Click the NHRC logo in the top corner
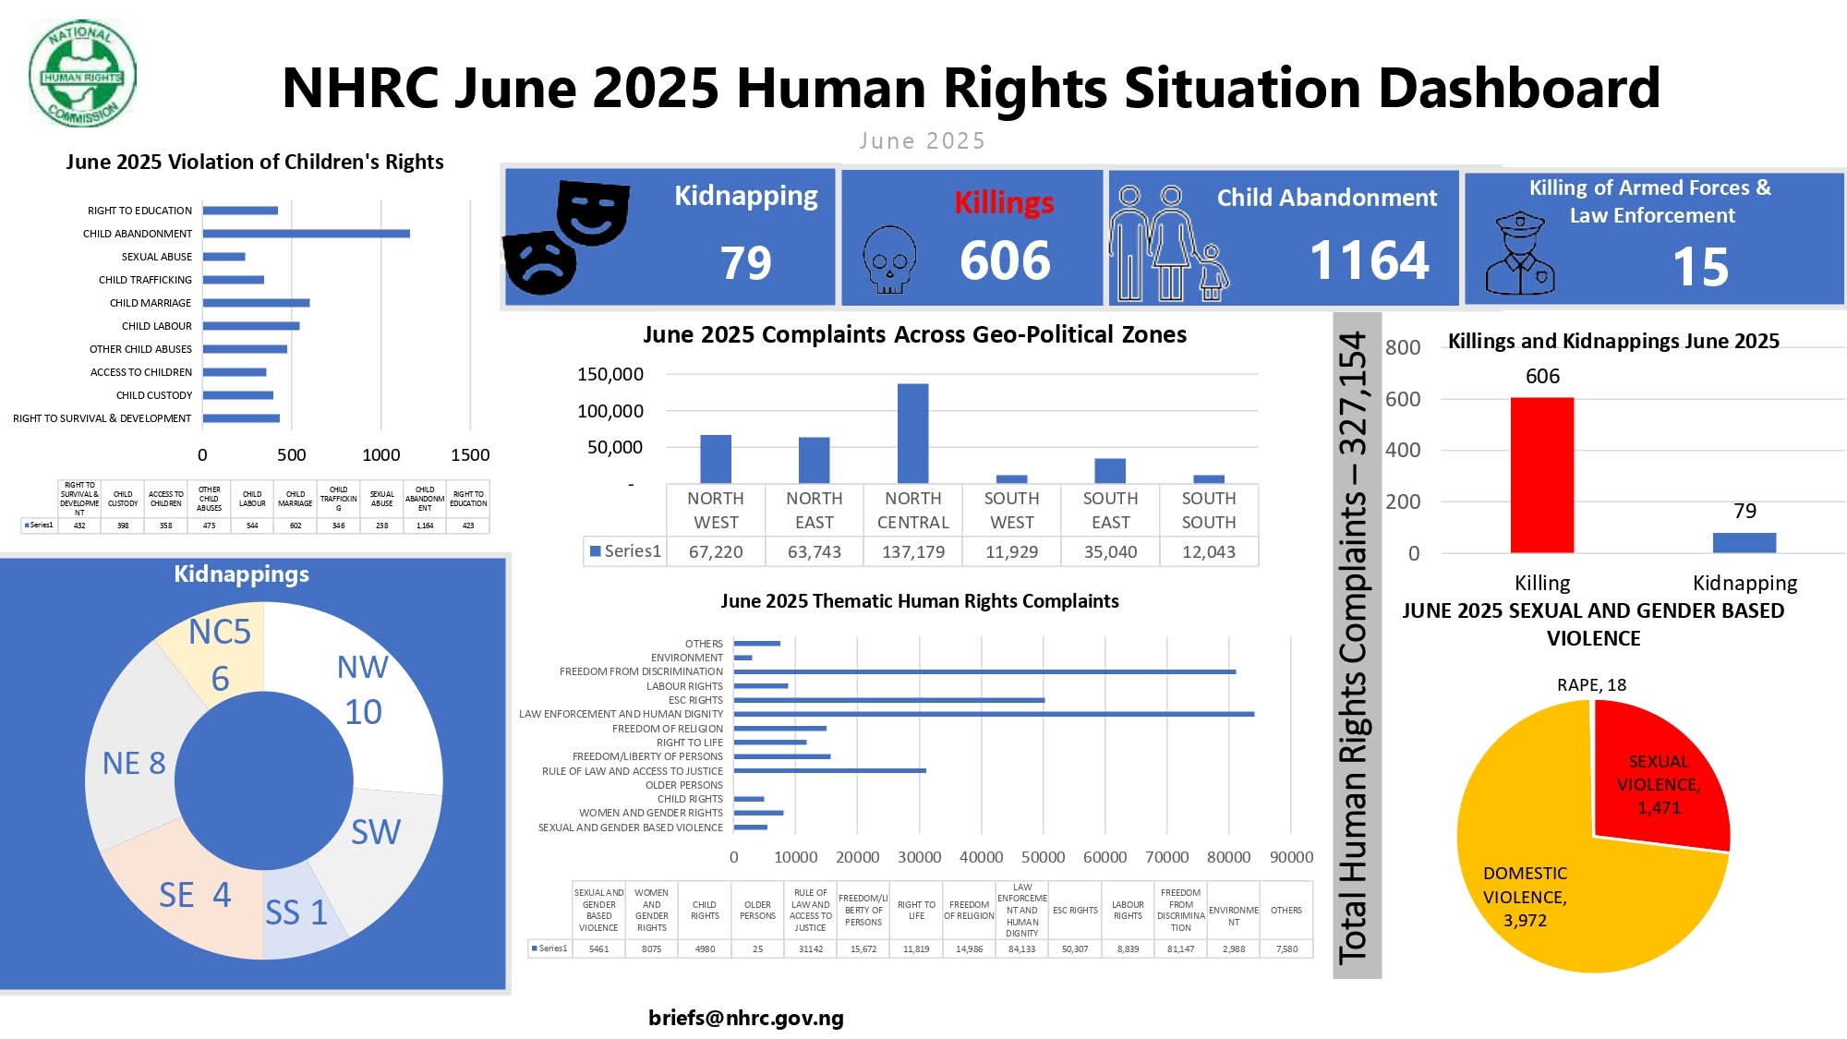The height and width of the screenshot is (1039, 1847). tap(83, 75)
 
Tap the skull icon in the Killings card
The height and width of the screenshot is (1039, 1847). tap(888, 260)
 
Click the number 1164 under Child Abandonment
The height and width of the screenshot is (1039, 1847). tap(1369, 260)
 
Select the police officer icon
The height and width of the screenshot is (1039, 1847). tap(1519, 254)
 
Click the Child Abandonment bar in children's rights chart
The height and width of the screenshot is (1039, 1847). tap(306, 234)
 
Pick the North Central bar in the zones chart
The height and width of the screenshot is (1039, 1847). tap(912, 433)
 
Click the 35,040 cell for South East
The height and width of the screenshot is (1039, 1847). tap(1110, 552)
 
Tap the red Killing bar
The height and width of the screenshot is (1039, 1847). tap(1541, 475)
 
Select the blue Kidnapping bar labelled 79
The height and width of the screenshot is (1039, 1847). tap(1744, 543)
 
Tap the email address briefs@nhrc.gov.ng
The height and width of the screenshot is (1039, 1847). tap(746, 1018)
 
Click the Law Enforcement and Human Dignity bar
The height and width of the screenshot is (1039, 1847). tap(993, 714)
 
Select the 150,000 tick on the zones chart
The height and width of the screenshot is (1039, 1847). tap(610, 374)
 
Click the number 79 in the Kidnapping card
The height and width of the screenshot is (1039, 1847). tap(745, 263)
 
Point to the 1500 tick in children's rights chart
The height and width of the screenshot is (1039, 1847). tap(469, 454)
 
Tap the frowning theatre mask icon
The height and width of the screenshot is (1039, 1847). tap(540, 262)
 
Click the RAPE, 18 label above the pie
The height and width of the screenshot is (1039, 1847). tap(1591, 685)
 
